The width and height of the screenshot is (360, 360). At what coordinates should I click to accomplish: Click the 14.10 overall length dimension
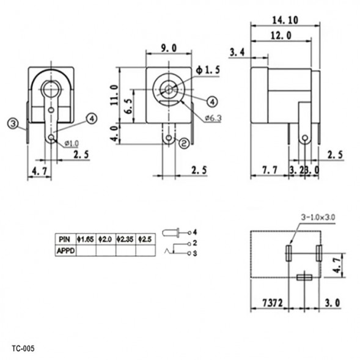[285, 20]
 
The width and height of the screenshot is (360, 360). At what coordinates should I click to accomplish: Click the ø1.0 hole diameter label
[72, 144]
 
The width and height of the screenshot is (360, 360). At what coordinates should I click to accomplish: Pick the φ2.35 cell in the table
[126, 240]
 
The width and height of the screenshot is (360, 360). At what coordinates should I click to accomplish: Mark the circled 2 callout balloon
[183, 144]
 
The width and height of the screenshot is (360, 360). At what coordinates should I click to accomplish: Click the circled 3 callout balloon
[13, 124]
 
